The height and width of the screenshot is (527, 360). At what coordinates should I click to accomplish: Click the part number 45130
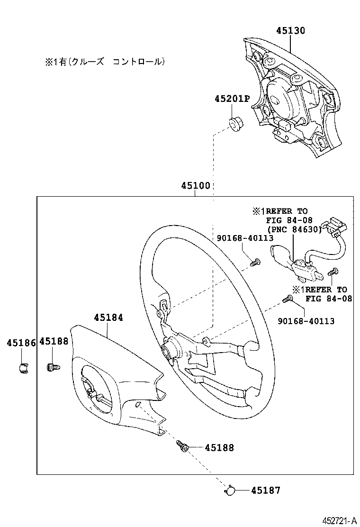(x=290, y=31)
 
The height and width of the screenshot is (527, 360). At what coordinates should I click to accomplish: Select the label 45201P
(x=232, y=99)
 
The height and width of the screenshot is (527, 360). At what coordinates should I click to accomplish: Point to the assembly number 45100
(x=195, y=186)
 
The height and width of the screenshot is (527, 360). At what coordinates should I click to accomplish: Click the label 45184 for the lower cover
(x=108, y=318)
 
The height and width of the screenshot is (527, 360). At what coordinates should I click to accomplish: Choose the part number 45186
(x=21, y=342)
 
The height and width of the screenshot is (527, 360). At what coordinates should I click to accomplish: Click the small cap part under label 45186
(x=23, y=367)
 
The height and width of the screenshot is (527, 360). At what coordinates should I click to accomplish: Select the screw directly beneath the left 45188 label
(x=52, y=367)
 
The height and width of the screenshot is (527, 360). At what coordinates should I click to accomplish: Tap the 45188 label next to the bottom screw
(x=219, y=447)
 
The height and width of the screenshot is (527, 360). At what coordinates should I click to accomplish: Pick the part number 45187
(x=265, y=491)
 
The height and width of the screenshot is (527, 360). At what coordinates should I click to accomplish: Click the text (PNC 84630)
(x=293, y=230)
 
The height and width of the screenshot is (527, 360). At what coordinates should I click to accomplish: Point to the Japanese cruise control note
(x=105, y=62)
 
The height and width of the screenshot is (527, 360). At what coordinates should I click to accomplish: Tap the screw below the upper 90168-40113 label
(x=255, y=261)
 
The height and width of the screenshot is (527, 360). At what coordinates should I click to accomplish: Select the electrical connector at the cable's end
(x=334, y=225)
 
